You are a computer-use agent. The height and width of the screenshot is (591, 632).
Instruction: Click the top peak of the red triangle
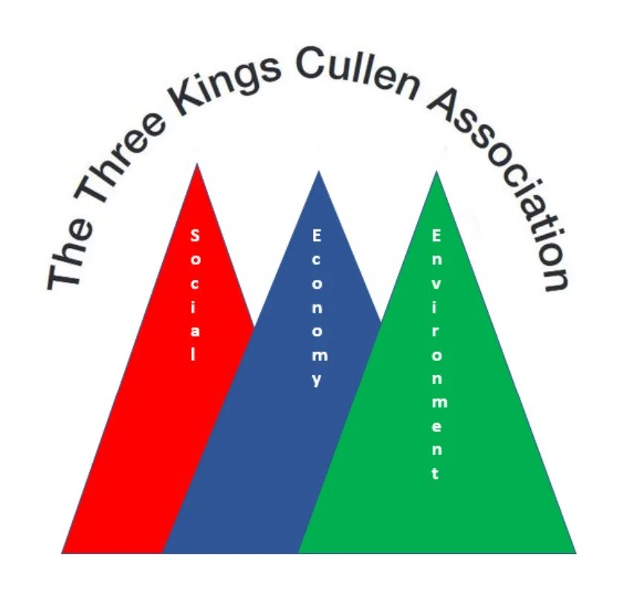[x=197, y=165]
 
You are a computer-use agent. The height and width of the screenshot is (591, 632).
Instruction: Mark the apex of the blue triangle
[x=319, y=172]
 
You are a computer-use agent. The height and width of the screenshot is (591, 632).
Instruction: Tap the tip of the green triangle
[x=436, y=172]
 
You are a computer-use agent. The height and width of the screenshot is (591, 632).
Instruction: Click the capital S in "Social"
[x=195, y=236]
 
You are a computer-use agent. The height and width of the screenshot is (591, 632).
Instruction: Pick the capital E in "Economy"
[x=317, y=236]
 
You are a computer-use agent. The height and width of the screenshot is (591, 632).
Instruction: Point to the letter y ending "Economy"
[x=317, y=380]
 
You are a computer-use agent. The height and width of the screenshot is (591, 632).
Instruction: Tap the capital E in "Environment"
[x=436, y=236]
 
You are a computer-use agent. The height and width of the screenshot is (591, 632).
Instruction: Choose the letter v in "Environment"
[x=436, y=284]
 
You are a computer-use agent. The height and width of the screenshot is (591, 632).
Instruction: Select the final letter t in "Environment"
[x=436, y=473]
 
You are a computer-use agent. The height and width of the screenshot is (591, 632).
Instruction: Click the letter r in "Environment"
[x=436, y=331]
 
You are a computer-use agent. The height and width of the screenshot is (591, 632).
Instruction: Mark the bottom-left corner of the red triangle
[x=62, y=552]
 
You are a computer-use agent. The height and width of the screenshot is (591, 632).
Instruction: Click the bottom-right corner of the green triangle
[x=575, y=552]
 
